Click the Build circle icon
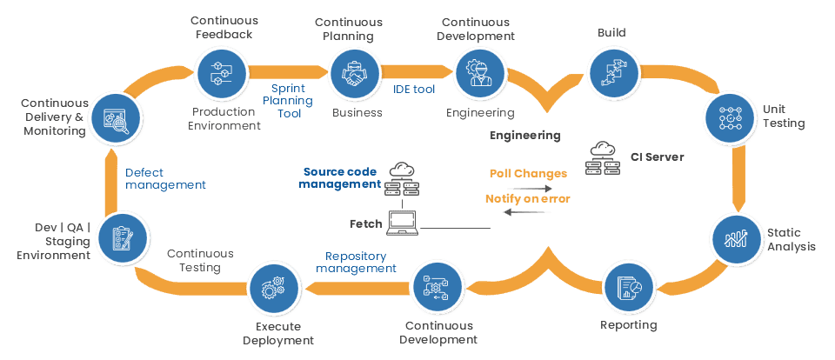[610, 73]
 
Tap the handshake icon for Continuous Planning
[352, 74]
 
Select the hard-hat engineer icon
[478, 74]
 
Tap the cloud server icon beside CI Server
[602, 157]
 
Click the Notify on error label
[527, 199]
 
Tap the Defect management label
[165, 179]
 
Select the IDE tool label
[412, 89]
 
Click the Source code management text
[340, 178]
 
